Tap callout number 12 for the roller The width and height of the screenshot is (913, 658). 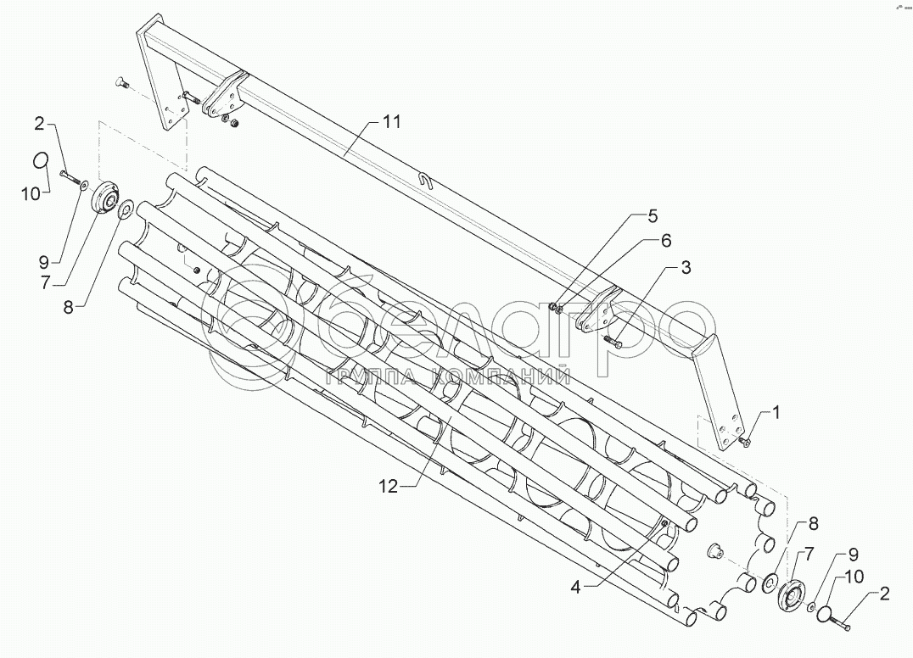388,486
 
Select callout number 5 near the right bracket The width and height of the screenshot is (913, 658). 652,215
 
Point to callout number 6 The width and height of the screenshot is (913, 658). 666,241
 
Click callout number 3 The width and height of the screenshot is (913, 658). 686,268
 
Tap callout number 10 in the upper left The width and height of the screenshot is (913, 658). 31,194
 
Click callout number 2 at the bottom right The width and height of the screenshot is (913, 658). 884,594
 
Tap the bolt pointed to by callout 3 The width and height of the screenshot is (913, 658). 613,342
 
